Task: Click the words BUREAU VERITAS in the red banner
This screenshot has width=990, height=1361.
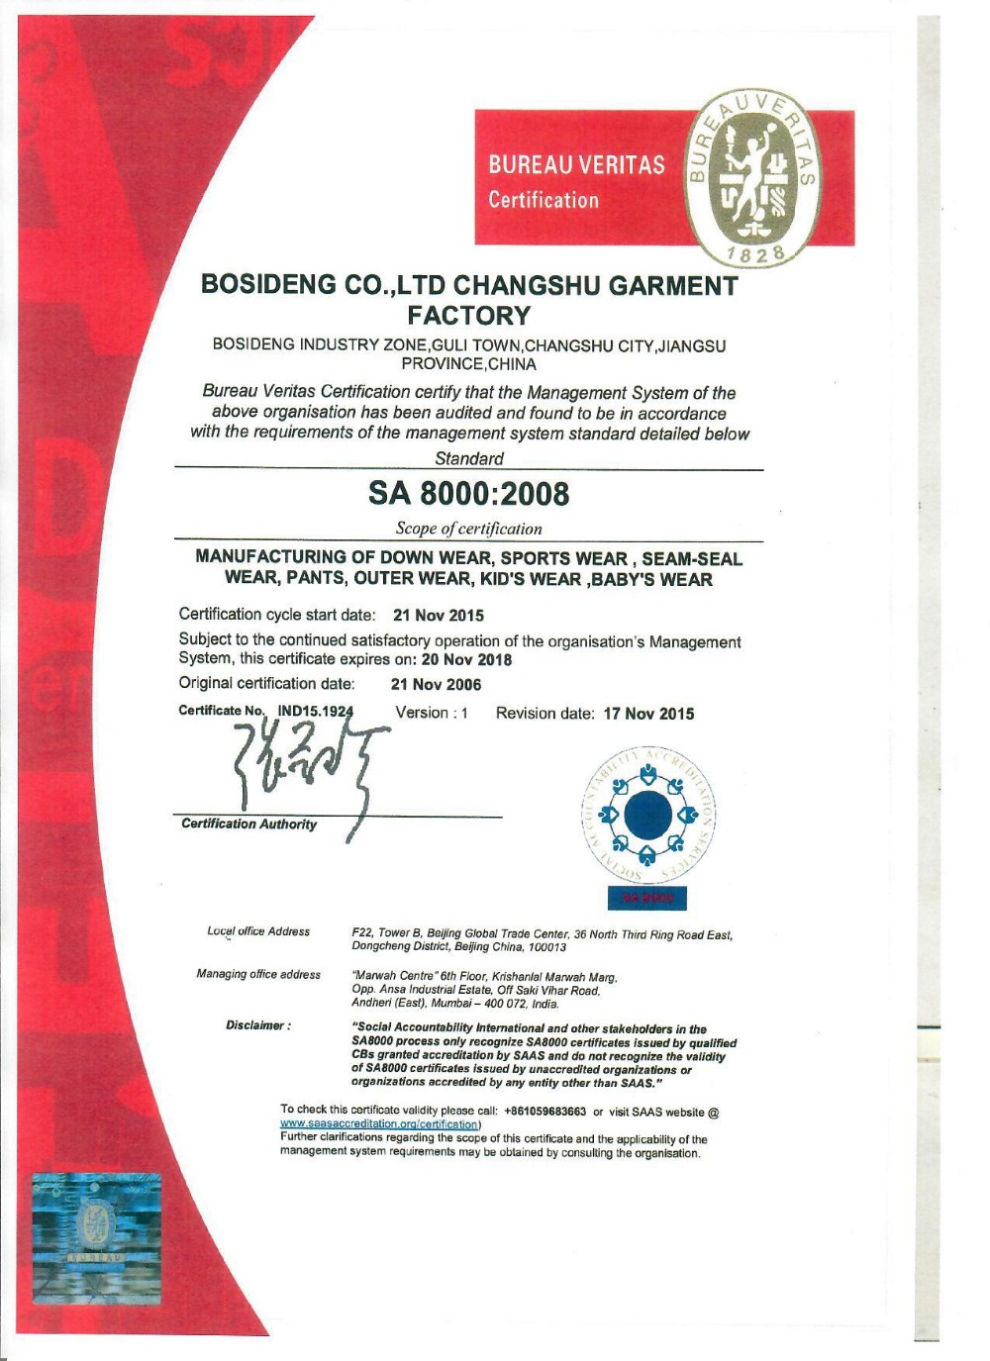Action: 576,164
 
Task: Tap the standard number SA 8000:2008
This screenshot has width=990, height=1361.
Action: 468,493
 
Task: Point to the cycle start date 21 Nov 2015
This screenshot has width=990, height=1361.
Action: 438,615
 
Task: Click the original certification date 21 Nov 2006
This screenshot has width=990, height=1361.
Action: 436,684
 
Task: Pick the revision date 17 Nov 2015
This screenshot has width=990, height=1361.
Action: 648,714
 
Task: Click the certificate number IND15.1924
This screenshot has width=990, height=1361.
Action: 315,711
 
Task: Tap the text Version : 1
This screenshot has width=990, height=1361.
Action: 432,713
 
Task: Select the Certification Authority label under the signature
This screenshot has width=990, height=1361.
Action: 248,825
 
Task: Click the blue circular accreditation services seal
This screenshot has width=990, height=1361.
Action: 648,814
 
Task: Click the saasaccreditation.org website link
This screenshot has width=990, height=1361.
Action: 379,1124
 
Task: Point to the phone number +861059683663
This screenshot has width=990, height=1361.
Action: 544,1112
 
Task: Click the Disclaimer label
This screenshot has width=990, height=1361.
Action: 257,1025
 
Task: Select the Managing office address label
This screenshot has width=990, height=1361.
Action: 258,975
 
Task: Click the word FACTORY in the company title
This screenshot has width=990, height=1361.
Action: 468,316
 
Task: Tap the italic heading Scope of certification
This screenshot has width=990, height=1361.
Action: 468,529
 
